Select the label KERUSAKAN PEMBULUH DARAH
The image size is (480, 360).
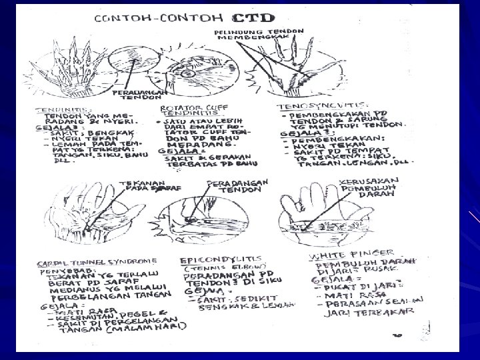pyautogui.click(x=371, y=186)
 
